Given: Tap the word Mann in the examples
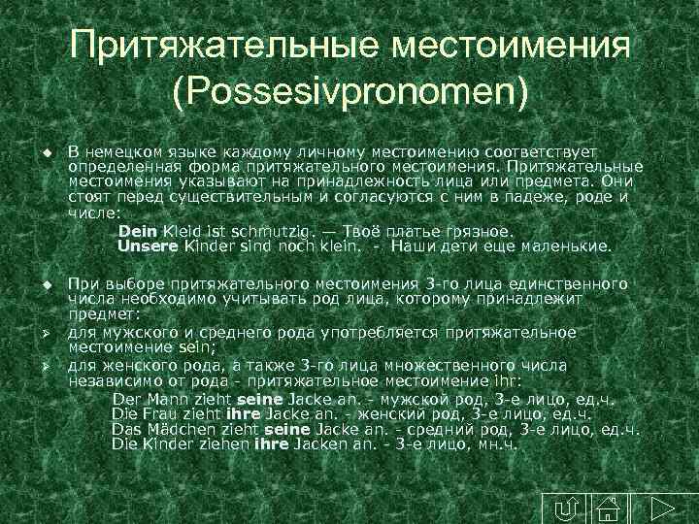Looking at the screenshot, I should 155,399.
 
